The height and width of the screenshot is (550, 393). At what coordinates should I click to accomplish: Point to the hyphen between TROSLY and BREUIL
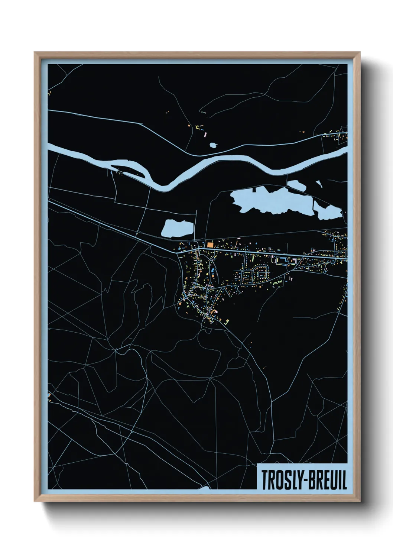(x=304, y=481)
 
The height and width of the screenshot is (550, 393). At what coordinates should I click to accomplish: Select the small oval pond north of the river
(x=213, y=145)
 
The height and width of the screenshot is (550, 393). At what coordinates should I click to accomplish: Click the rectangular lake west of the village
(x=178, y=228)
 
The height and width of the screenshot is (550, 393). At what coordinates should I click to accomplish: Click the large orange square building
(x=210, y=245)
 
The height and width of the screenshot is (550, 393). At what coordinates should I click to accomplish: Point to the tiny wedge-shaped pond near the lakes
(x=319, y=182)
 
